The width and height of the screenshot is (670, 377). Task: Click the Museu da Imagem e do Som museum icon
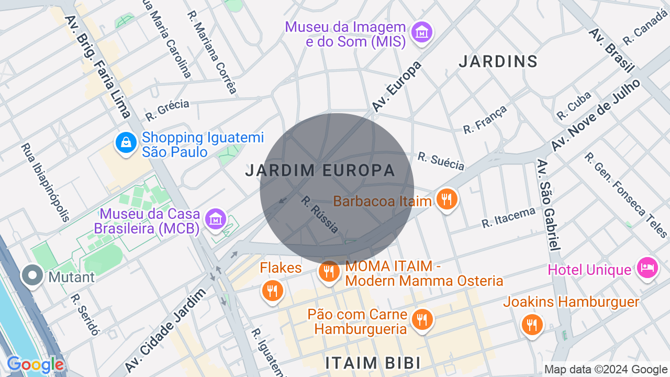click(421, 32)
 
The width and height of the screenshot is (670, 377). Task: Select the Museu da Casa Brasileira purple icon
click(215, 220)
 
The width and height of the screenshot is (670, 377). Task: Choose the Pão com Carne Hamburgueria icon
click(422, 320)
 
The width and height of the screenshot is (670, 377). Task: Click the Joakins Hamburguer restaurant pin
click(532, 324)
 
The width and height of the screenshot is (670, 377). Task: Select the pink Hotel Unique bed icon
click(647, 269)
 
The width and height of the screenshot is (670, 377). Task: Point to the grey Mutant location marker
click(32, 275)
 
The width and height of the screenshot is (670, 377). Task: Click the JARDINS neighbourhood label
click(498, 62)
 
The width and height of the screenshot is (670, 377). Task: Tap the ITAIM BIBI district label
click(373, 363)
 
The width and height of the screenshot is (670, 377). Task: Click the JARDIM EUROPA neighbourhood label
click(320, 170)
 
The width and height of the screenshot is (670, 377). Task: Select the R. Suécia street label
click(441, 161)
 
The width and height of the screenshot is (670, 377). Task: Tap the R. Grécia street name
click(167, 109)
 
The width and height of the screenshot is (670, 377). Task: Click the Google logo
click(35, 365)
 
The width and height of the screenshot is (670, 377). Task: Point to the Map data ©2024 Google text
click(606, 370)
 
